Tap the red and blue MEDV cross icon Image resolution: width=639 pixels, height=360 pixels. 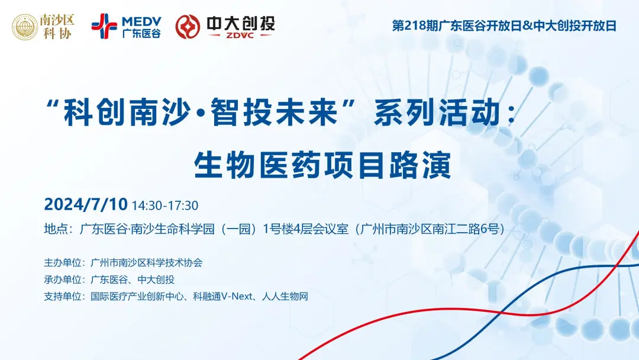pos(104,25)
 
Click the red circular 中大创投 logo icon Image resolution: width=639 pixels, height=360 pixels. pos(188,26)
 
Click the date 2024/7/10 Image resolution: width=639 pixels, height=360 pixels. pos(86,205)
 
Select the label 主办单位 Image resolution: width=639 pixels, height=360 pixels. pos(62,262)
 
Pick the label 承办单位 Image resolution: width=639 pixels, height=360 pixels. pos(62,279)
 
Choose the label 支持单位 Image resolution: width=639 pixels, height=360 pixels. pos(62,297)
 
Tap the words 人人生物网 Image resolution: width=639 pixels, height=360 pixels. pos(290,297)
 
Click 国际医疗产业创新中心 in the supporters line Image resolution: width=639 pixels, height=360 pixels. pos(139,297)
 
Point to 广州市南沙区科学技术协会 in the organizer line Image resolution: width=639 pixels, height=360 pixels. pos(147,262)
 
